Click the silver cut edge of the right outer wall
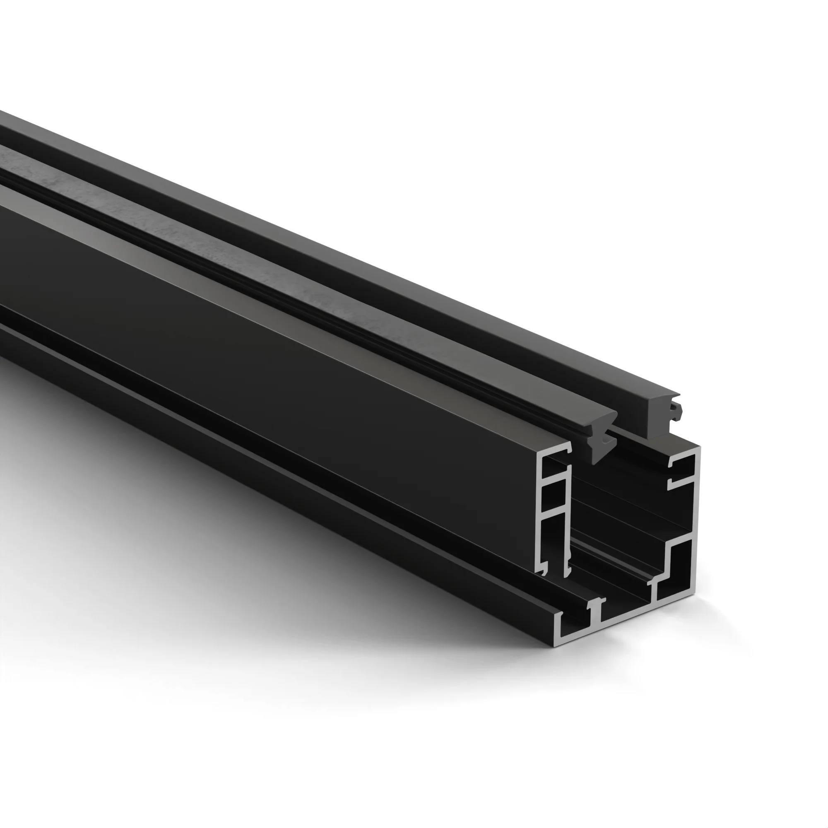coord(697,514)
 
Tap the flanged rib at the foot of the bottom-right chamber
coord(654,585)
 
